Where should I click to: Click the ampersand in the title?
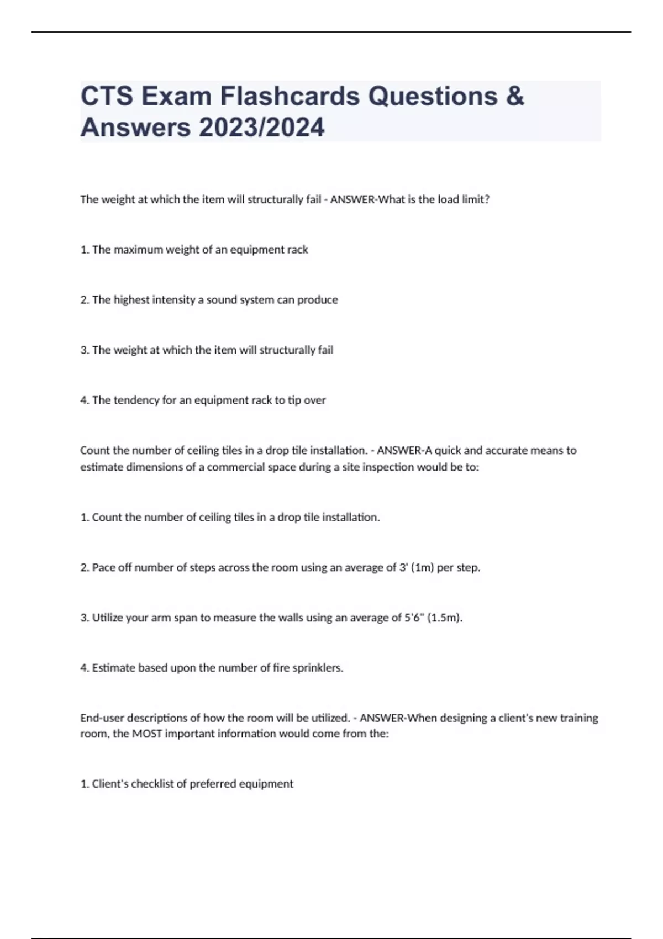[x=514, y=96]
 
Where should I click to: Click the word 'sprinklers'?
[x=318, y=668]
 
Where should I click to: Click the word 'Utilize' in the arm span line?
[x=107, y=618]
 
